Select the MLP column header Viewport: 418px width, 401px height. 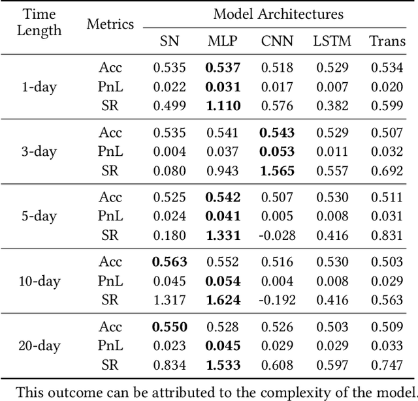click(223, 41)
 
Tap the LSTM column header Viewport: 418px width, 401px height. click(332, 41)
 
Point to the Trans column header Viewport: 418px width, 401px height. click(387, 41)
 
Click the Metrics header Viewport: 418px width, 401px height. click(110, 25)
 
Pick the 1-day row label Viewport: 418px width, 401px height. click(39, 87)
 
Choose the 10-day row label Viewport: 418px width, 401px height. click(39, 281)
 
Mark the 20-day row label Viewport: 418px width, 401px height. click(39, 346)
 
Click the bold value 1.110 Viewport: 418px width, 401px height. click(223, 106)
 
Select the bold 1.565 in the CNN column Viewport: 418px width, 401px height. click(278, 170)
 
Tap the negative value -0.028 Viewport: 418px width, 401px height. click(278, 235)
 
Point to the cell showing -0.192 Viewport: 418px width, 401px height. click(278, 299)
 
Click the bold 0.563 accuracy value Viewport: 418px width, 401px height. click(169, 262)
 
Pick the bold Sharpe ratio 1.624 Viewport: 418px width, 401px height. click(223, 299)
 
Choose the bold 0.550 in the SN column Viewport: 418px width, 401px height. click(169, 327)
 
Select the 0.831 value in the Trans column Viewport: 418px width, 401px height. click(387, 235)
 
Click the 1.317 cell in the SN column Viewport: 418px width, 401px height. click(169, 299)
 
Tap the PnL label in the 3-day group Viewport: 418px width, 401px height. click(110, 151)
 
